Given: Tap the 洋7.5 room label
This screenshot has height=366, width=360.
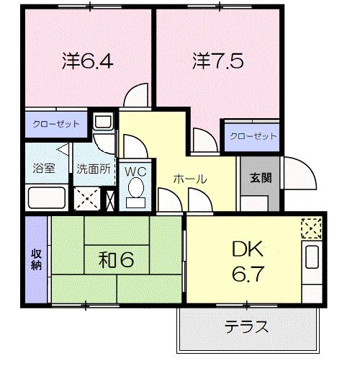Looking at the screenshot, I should [x=217, y=60].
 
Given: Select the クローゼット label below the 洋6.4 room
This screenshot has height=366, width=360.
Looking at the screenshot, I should [x=55, y=123].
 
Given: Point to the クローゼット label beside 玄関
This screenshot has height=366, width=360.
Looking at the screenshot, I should [x=253, y=135].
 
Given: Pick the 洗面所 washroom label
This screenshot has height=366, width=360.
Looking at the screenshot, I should [x=94, y=169].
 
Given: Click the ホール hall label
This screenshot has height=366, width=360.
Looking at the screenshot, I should [x=190, y=179].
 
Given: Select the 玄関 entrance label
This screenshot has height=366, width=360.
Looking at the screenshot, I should [x=260, y=178].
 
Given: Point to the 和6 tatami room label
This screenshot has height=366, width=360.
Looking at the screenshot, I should [x=117, y=259].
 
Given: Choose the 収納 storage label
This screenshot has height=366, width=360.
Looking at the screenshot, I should [x=35, y=259].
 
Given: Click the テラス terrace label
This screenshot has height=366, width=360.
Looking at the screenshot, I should [x=246, y=327].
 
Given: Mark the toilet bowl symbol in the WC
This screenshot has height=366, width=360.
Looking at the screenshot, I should [x=135, y=189].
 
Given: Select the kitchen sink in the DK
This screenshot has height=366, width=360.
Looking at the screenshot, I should [x=312, y=259].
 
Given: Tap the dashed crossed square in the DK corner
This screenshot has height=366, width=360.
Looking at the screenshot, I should [x=311, y=228].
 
